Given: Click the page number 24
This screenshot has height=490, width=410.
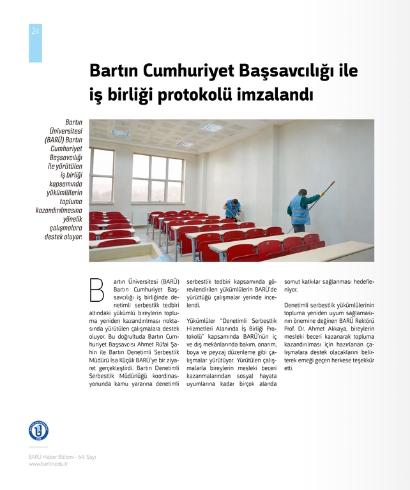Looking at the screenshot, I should point(35,31).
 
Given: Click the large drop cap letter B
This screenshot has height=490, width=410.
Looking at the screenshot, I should point(97,290).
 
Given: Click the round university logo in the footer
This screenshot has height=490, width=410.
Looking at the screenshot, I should point(38,430).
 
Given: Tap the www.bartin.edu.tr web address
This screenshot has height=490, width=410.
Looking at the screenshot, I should point(48,464).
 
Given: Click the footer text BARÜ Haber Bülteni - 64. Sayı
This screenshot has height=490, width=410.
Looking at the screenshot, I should point(62,457).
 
